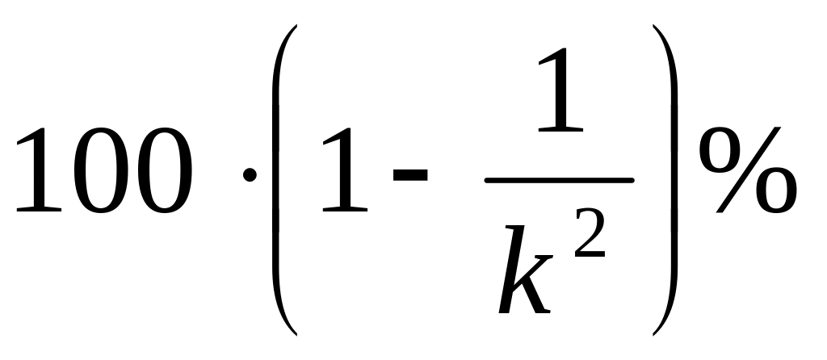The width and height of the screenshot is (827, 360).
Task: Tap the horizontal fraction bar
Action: pos(559,180)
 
